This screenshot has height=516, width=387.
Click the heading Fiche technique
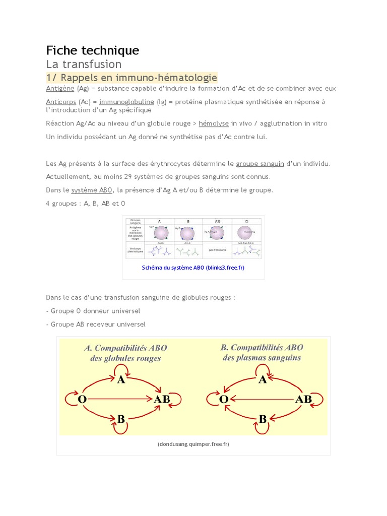click(x=93, y=50)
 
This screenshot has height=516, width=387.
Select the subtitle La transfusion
click(x=84, y=64)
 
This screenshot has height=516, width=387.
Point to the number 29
click(x=128, y=177)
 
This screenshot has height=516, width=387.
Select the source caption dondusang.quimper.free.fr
click(x=193, y=444)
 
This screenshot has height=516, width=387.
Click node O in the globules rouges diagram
click(x=82, y=399)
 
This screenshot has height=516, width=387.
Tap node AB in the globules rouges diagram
click(x=162, y=399)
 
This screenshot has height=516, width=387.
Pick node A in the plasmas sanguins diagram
click(x=263, y=380)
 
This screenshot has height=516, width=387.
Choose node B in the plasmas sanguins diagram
click(x=263, y=418)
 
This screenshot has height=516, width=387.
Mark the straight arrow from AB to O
click(x=262, y=399)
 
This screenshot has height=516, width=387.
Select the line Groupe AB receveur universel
click(x=98, y=325)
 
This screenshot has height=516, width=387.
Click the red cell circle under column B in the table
click(x=187, y=233)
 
